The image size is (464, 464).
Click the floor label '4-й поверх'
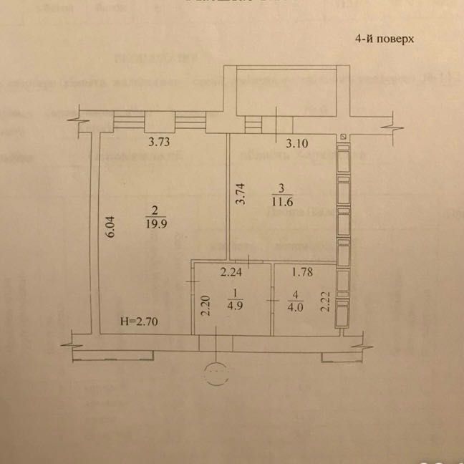(385, 40)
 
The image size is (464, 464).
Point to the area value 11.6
(281, 202)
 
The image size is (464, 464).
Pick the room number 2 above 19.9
(155, 210)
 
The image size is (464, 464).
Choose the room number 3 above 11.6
(281, 189)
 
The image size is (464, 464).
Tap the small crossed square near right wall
(344, 136)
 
